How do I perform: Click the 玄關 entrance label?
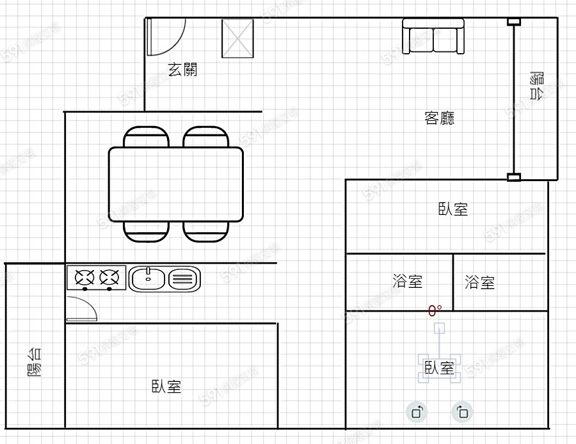182,70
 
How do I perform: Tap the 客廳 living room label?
440,118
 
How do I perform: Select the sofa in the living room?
433,36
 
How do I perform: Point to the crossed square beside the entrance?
237,38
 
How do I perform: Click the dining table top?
176,184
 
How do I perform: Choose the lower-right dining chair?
206,231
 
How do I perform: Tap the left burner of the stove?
84,278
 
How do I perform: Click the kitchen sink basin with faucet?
148,279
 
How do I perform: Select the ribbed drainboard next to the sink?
184,279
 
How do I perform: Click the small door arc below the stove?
82,308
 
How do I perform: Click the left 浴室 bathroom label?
407,281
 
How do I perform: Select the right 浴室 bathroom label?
480,282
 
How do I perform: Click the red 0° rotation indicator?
435,311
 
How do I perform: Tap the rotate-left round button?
417,412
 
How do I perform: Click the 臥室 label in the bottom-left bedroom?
166,386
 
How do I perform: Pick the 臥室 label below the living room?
453,209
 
